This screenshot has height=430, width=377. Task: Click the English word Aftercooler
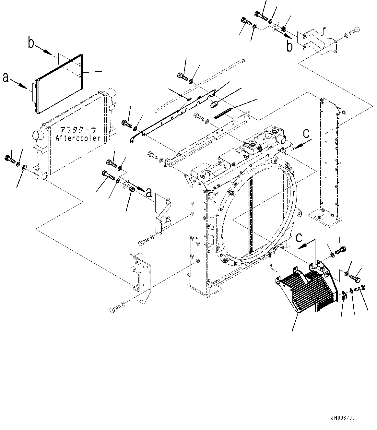[77, 138]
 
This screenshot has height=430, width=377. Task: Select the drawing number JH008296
[343, 418]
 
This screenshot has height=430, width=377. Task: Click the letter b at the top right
[289, 46]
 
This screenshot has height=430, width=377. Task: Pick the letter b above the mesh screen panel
[31, 43]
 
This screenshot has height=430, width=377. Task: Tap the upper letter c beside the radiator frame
[306, 133]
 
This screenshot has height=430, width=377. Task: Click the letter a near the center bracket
[149, 193]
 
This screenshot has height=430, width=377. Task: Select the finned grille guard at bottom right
[306, 287]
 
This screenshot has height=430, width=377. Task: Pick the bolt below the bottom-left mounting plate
[114, 310]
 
